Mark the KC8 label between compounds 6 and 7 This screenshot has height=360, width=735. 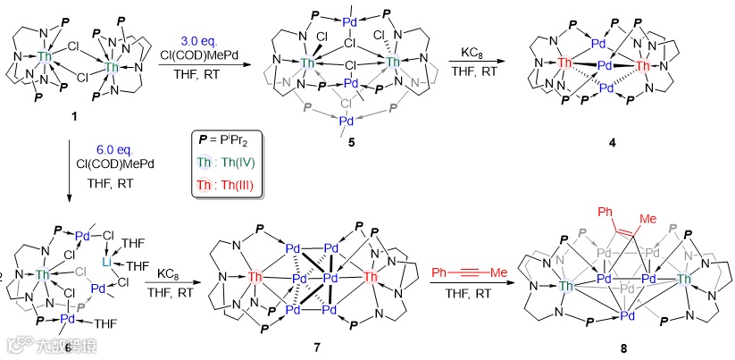171,271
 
